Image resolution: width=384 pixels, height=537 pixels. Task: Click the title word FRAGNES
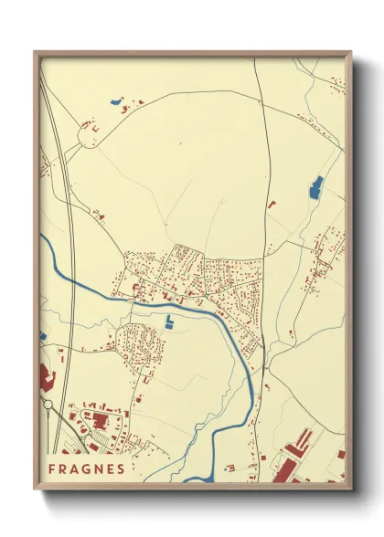[86, 469]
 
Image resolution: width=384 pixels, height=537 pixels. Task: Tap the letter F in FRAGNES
[52, 469]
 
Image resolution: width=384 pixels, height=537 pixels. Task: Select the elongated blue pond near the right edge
[316, 187]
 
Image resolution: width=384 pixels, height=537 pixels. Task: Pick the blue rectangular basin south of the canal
[169, 321]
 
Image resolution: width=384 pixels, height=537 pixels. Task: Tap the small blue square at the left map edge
[43, 337]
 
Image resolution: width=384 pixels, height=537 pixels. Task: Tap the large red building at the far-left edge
[47, 377]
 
